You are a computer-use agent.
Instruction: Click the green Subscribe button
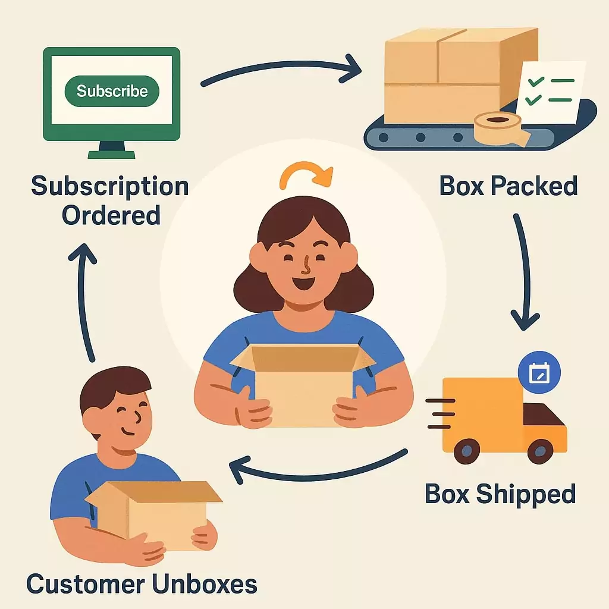112,91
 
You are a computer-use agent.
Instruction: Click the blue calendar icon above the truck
539,373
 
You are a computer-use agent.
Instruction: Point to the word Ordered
111,215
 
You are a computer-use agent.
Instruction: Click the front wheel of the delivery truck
540,451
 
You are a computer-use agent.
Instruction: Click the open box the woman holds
303,381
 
